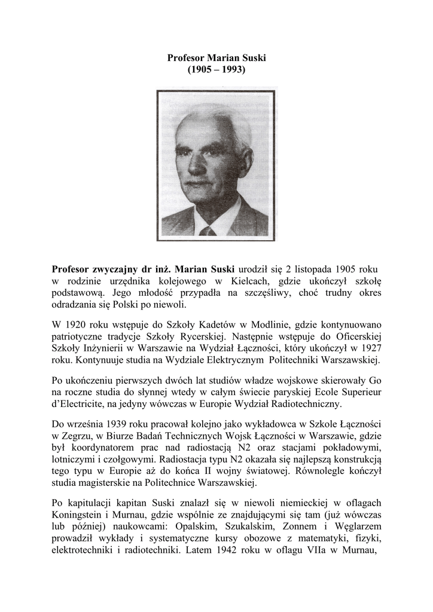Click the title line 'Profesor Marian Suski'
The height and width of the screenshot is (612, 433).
pos(216,58)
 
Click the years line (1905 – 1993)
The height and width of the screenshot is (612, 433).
pos(216,69)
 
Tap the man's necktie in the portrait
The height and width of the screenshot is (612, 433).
pos(208,231)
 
